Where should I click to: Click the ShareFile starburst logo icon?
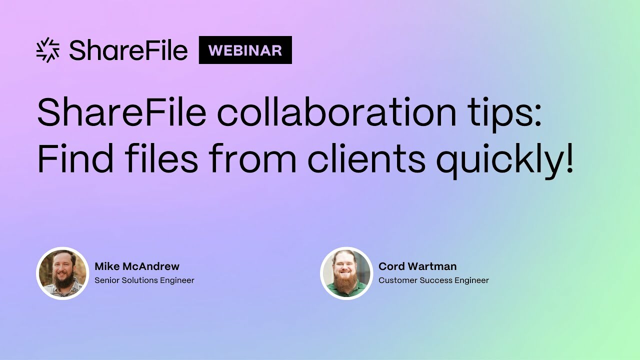point(48,50)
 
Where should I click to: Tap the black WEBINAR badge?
point(245,50)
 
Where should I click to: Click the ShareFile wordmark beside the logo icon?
point(128,50)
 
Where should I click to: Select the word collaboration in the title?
point(336,113)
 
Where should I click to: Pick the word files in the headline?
point(165,158)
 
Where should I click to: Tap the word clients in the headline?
point(366,158)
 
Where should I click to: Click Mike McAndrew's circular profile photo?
point(62,273)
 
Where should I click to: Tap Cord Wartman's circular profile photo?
point(346,273)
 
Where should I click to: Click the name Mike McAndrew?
point(136,266)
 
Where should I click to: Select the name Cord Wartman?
point(417,266)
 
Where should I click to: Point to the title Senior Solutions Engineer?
point(144,280)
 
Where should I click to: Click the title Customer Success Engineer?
point(433,280)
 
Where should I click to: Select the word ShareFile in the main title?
point(121,113)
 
